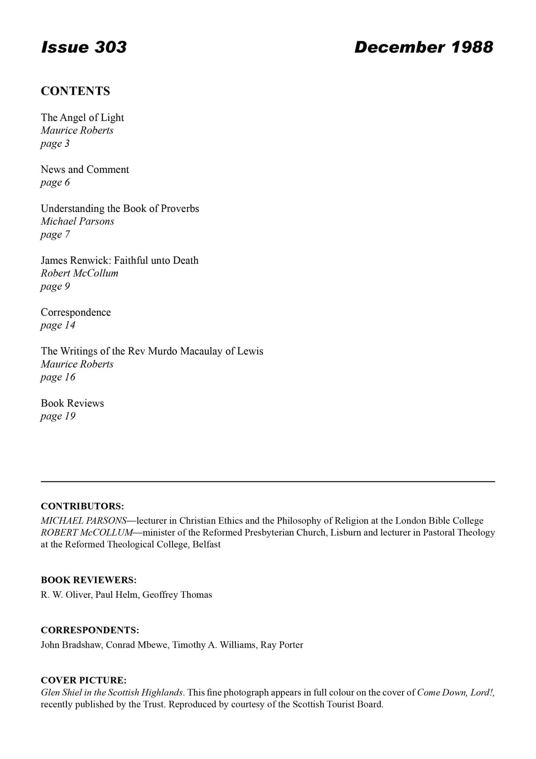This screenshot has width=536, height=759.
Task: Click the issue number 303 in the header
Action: [110, 47]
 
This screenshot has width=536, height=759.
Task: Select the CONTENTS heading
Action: [75, 91]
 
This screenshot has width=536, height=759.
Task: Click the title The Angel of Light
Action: [82, 118]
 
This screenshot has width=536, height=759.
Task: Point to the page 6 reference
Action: [55, 183]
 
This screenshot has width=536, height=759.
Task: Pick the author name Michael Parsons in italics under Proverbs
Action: [77, 221]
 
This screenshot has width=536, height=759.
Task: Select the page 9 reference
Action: [55, 287]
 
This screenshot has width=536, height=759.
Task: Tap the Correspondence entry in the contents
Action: [76, 312]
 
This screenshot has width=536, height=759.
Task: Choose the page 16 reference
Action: [58, 377]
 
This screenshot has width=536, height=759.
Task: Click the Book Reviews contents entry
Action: [72, 403]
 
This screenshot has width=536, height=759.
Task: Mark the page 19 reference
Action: [58, 416]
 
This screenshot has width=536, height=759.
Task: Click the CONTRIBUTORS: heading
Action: [82, 506]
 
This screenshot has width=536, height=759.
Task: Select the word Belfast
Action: [207, 545]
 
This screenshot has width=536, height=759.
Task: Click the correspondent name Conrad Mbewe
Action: [137, 645]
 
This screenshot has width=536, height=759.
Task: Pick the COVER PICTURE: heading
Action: [84, 680]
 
